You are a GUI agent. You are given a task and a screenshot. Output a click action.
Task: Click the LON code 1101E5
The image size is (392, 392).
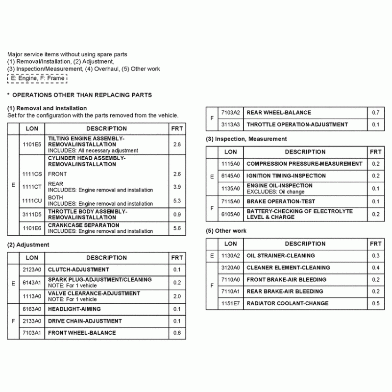32,145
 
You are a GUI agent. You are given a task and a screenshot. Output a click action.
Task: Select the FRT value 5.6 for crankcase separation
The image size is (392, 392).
177,228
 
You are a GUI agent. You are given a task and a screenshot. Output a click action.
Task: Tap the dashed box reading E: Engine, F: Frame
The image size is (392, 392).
37,78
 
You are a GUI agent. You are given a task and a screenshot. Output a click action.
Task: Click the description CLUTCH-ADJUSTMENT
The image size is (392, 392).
78,269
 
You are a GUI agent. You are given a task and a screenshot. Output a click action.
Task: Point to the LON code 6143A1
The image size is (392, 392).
32,283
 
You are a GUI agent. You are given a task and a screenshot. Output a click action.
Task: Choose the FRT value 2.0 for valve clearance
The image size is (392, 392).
177,296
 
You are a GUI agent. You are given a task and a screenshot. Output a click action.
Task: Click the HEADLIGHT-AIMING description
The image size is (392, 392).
74,309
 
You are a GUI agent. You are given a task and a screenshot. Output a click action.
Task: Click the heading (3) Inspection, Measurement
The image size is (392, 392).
246,139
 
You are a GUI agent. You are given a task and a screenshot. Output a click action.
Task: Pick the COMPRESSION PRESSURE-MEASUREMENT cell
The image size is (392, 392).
304,164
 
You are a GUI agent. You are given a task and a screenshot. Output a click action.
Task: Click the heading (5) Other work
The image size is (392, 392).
226,231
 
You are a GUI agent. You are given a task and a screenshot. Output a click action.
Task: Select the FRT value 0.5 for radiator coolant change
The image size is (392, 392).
375,303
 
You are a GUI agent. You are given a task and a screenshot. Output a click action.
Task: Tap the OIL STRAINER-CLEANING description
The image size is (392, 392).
280,256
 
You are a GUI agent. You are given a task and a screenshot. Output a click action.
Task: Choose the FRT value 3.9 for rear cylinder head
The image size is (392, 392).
177,187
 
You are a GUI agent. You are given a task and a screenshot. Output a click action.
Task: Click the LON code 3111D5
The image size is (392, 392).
32,214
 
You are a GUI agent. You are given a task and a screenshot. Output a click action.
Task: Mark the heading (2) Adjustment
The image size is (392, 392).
28,245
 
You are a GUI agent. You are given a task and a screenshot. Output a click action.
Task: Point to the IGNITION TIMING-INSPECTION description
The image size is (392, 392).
286,176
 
